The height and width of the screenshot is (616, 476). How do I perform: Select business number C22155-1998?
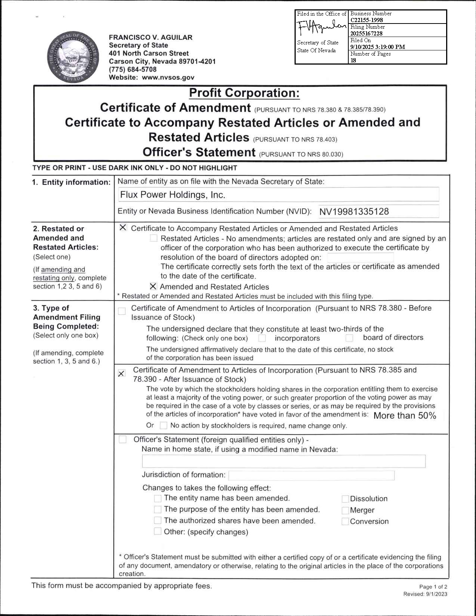tap(367, 20)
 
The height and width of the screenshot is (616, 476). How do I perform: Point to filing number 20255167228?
tap(366, 34)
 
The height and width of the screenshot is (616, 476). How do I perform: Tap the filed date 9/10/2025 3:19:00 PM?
tap(377, 47)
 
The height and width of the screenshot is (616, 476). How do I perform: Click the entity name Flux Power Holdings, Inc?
tap(172, 195)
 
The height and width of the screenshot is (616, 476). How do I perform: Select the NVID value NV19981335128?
tap(354, 212)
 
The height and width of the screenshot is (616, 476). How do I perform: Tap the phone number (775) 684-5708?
tap(133, 69)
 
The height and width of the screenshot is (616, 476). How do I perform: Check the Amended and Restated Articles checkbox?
tap(153, 287)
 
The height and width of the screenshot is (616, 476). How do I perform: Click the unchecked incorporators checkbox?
tap(262, 338)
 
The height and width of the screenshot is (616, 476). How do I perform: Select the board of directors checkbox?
tap(349, 338)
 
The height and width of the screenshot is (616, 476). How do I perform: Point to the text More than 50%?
tap(404, 416)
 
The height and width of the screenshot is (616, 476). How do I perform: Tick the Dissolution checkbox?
tap(345, 499)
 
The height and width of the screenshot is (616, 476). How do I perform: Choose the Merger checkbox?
tap(345, 510)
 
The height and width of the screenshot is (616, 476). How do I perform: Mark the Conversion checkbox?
tap(345, 522)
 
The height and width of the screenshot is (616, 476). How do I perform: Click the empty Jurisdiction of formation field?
tap(311, 475)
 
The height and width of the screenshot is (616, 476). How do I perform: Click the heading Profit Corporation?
tap(244, 93)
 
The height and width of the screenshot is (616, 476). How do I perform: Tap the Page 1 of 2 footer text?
tap(433, 587)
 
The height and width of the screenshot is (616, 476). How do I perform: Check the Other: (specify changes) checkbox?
tap(158, 532)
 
